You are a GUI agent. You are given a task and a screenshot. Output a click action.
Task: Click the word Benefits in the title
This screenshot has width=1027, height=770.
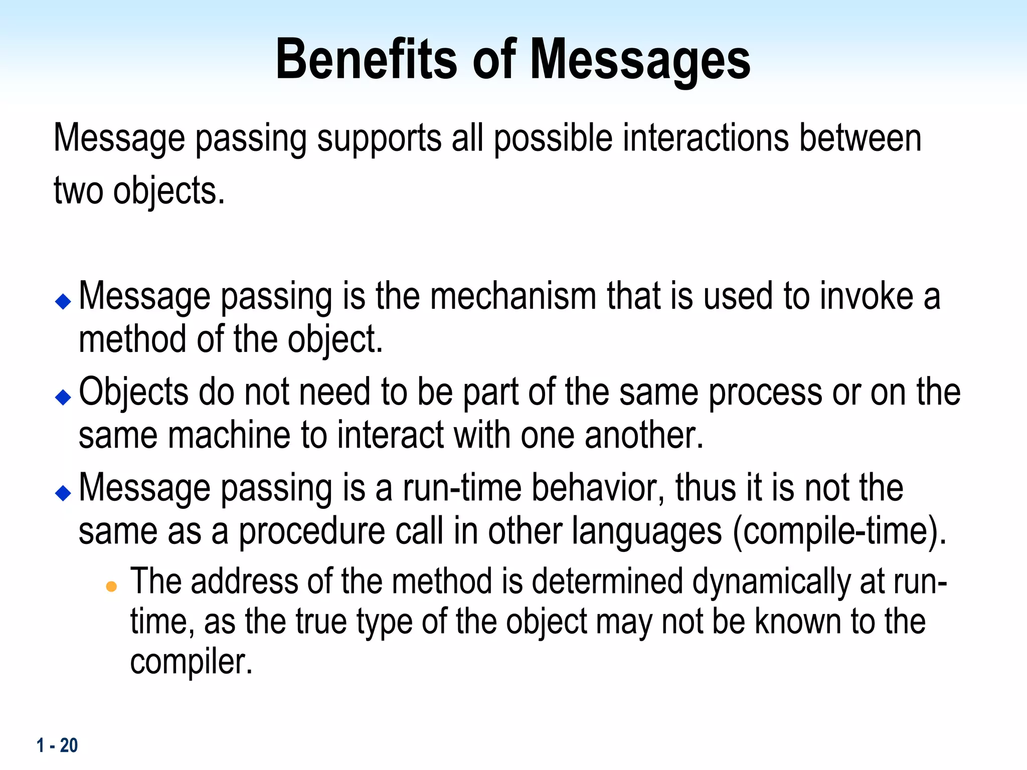pos(366,60)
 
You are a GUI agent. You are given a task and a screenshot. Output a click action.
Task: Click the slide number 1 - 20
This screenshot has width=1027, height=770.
pos(57,745)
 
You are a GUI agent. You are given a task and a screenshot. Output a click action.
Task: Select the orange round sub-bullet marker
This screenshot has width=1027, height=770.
pos(111,587)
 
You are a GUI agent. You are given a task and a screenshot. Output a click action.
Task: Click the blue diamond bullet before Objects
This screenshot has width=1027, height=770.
pos(63,397)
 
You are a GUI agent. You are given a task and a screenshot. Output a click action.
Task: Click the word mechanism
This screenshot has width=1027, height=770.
pos(513,296)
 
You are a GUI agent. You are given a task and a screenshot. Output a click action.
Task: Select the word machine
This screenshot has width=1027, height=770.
pos(229,435)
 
